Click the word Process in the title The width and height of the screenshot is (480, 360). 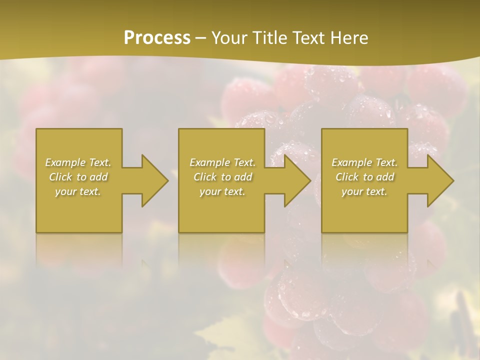(x=157, y=38)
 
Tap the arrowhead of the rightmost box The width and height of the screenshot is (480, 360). (x=439, y=180)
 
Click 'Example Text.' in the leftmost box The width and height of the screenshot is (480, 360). (x=78, y=162)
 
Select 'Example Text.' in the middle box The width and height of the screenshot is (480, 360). (x=222, y=162)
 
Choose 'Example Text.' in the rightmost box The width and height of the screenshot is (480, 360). (x=364, y=162)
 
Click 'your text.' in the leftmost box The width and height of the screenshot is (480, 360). (x=78, y=191)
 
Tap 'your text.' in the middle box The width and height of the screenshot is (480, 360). (x=222, y=191)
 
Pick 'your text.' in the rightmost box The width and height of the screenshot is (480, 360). (x=364, y=191)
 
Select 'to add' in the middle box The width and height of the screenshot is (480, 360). (x=236, y=177)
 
